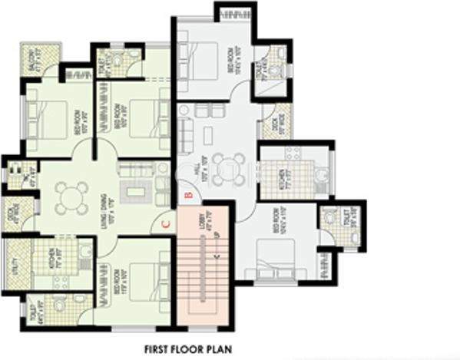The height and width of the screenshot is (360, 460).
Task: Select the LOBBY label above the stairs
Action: [203, 223]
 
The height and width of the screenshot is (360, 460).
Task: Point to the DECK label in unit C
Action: [11, 213]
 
